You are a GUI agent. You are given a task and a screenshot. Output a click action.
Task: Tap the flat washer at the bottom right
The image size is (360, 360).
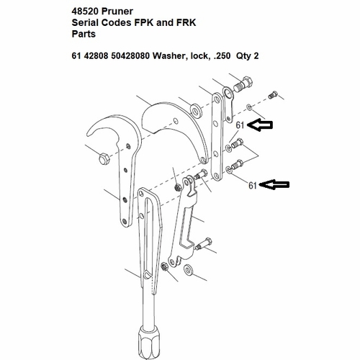[189, 271]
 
